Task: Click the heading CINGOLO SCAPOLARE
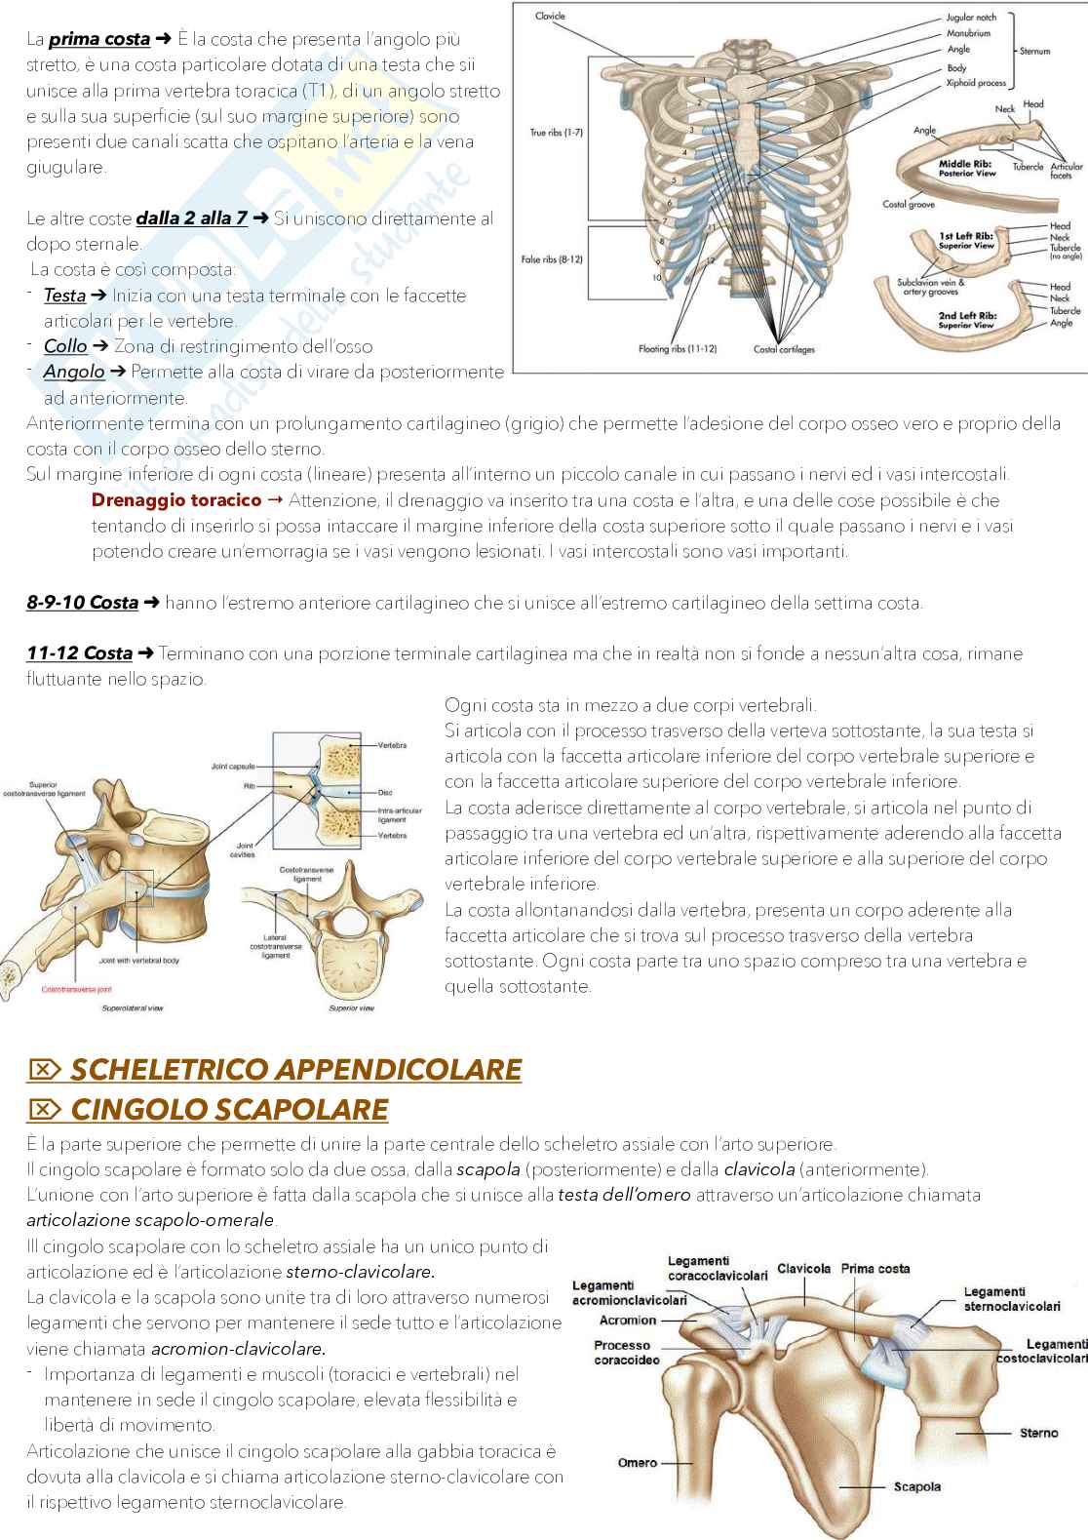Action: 229,1109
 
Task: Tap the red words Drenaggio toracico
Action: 175,500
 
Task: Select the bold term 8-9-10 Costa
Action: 82,603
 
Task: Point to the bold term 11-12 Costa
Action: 79,653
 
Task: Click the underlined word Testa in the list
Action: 64,296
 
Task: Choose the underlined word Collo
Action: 64,346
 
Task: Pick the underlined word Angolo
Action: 73,372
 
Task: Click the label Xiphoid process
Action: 976,84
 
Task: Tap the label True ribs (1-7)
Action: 557,132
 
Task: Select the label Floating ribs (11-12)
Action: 678,348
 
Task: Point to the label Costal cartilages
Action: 784,348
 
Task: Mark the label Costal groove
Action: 908,205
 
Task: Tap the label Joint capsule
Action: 233,767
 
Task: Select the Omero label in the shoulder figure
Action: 638,1463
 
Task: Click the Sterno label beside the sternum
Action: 1038,1433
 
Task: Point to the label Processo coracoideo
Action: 627,1352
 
